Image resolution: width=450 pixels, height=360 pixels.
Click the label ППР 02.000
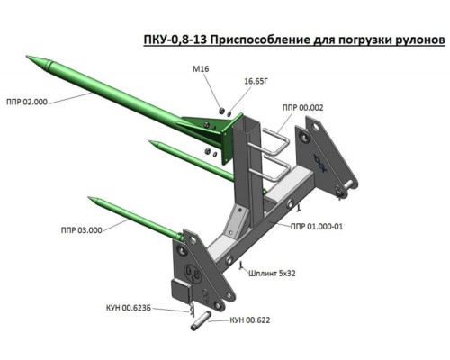[27, 102]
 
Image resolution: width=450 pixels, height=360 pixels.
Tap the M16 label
[201, 69]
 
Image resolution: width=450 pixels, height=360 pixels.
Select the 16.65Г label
[256, 81]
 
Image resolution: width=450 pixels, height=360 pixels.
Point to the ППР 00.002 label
[303, 108]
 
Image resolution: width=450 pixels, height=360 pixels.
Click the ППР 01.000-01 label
[317, 227]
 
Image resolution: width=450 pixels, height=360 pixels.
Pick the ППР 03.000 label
[82, 230]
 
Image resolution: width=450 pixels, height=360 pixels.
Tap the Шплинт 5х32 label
[272, 274]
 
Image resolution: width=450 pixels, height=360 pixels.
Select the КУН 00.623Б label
[129, 308]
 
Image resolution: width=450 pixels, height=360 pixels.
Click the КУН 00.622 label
[250, 320]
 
